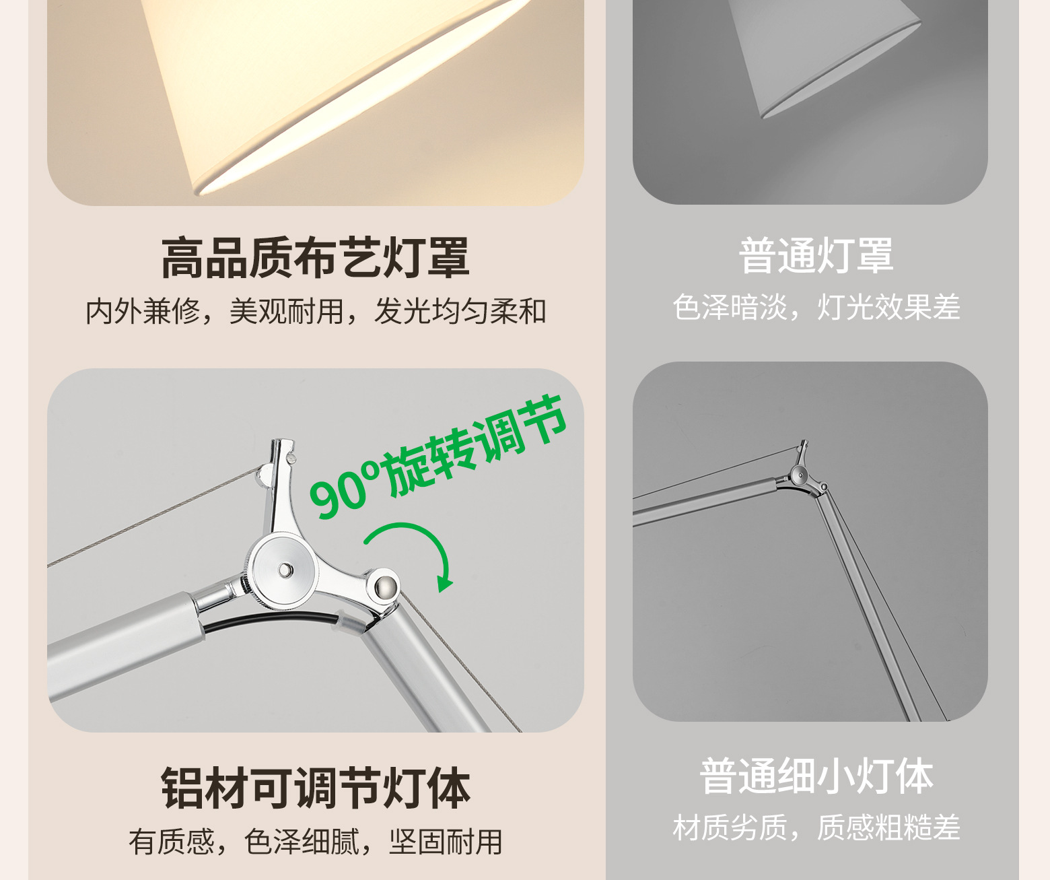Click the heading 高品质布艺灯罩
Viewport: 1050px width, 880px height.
tap(315, 258)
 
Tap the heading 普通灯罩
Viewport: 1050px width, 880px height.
tap(816, 256)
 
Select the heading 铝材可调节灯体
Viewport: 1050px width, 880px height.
tap(315, 788)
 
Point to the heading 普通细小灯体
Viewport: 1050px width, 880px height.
tap(816, 777)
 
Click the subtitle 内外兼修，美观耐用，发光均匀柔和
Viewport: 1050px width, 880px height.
tap(316, 312)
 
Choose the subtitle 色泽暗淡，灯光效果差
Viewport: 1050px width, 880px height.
tap(816, 307)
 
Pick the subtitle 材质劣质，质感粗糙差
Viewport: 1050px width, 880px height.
tap(816, 827)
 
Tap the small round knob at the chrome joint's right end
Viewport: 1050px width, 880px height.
tap(387, 585)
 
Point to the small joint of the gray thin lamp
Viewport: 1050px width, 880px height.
tap(800, 475)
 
